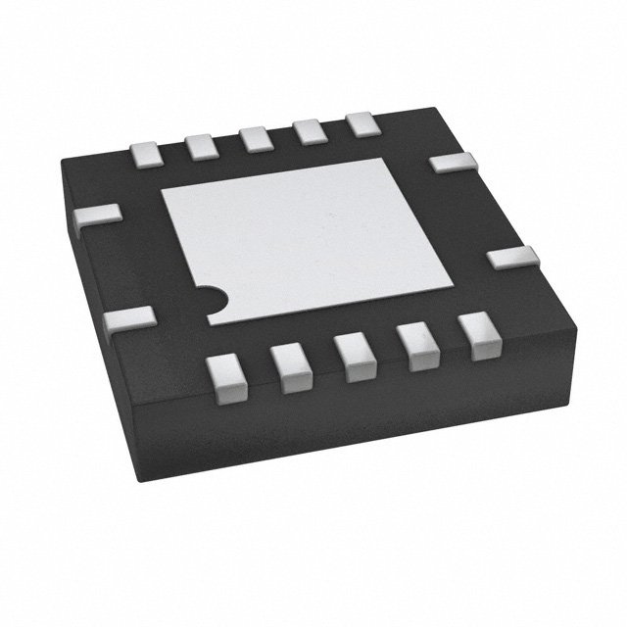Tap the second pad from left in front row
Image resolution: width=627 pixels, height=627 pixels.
click(x=292, y=363)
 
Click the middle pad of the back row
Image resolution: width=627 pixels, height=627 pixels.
click(x=258, y=137)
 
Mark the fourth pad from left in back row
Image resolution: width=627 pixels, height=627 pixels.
click(x=311, y=129)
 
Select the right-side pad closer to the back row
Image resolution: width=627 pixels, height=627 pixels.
click(x=452, y=163)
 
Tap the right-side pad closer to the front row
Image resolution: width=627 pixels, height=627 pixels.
click(x=513, y=260)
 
